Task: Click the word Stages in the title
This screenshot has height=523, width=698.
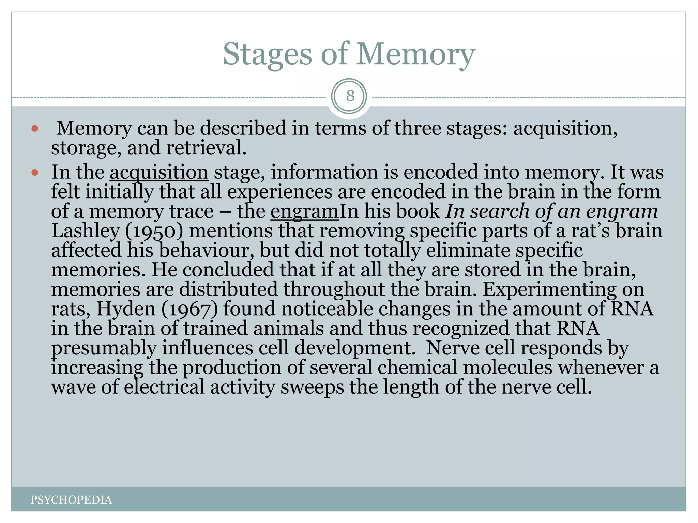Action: click(x=267, y=54)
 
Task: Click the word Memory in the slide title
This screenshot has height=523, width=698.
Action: click(x=415, y=54)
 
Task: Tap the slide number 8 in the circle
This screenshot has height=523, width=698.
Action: click(x=350, y=96)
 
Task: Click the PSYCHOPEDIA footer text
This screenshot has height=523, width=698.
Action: click(x=71, y=500)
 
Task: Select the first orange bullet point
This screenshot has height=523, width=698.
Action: click(x=35, y=129)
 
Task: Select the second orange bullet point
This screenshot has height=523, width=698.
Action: click(x=35, y=173)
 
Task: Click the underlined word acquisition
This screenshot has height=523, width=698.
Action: click(x=159, y=172)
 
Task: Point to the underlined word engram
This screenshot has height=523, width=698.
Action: click(x=304, y=211)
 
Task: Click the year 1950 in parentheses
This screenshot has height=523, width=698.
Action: click(x=154, y=231)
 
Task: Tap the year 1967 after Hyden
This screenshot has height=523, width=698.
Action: click(x=189, y=309)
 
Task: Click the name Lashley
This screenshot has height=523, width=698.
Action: click(x=85, y=231)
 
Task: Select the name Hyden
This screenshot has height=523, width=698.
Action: click(x=126, y=309)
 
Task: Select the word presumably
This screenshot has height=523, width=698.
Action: click(x=104, y=348)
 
